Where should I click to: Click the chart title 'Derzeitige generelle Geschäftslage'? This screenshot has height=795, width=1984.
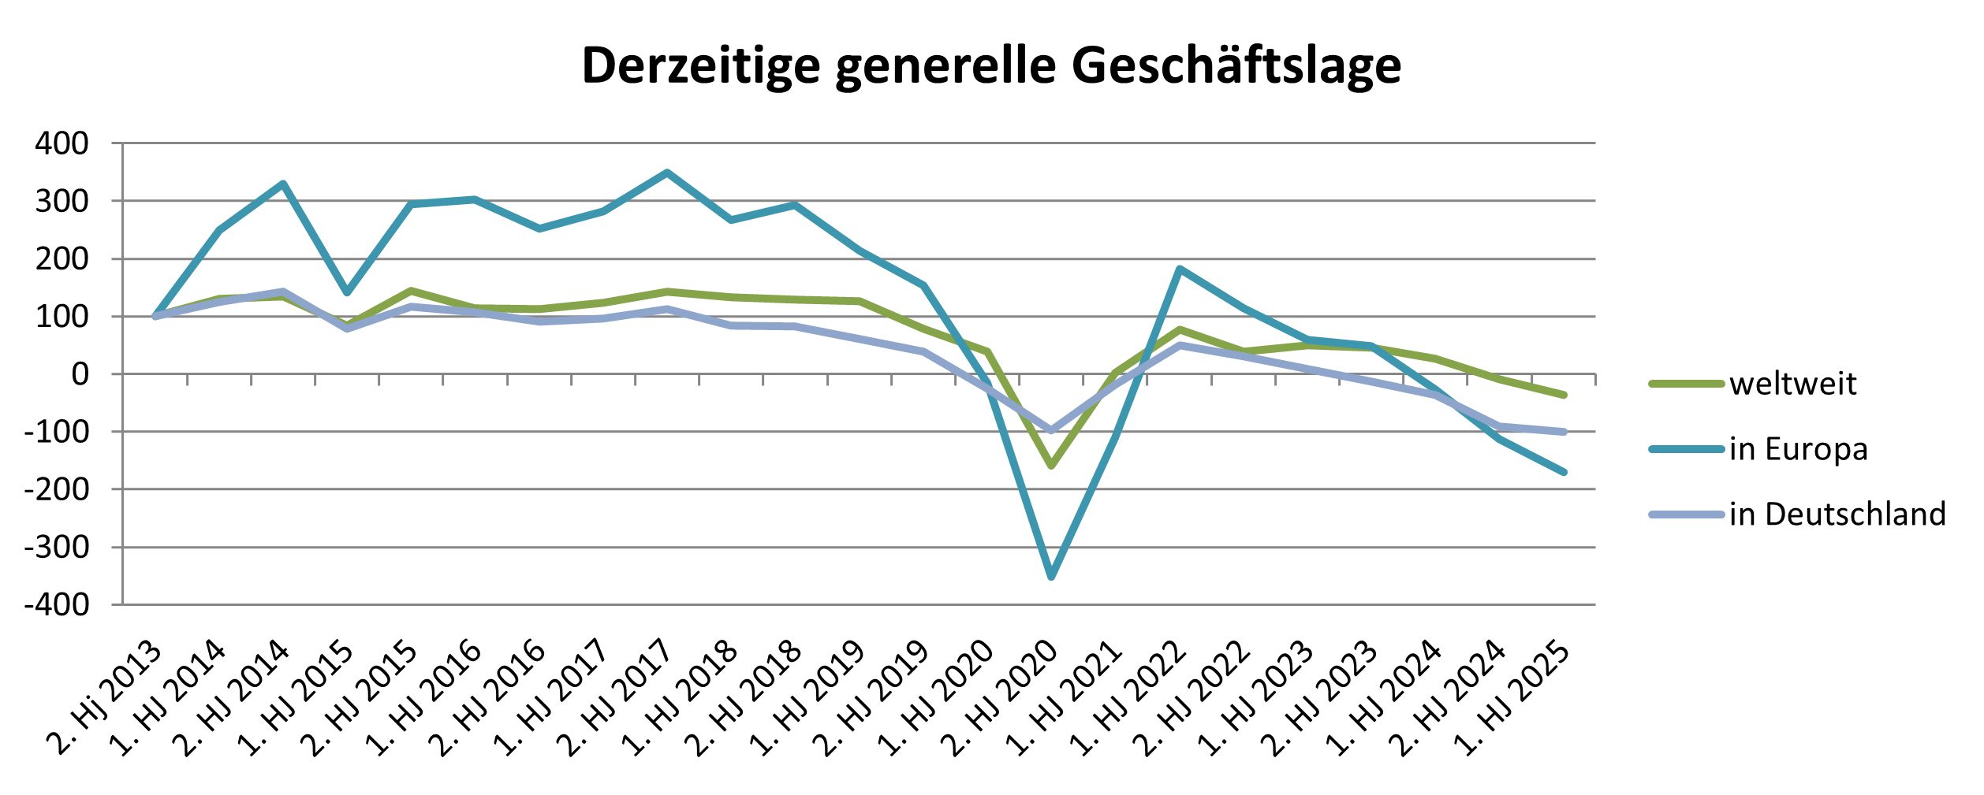point(991,66)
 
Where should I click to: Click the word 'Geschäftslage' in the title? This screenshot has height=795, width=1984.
point(1236,66)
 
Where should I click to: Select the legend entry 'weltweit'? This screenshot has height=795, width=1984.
point(1792,384)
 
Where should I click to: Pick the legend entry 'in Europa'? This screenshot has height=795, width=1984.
point(1798,450)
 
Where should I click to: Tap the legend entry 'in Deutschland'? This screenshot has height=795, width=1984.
point(1837,515)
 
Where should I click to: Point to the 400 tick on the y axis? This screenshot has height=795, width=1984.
point(62,144)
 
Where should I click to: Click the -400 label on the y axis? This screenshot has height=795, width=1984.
point(57,606)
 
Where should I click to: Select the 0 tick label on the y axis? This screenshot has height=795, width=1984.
point(80,375)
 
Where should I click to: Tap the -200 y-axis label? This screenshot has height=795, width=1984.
point(57,490)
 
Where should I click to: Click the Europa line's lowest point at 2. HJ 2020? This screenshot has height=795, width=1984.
point(1051,577)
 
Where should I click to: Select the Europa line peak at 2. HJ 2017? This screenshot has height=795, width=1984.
point(667,173)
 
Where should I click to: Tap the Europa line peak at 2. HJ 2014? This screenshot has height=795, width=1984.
point(283,184)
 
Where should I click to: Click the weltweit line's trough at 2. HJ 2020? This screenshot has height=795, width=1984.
point(1051,466)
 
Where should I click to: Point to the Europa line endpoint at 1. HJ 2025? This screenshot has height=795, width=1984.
point(1564,472)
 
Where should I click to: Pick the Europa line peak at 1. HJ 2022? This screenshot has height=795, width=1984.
point(1180,269)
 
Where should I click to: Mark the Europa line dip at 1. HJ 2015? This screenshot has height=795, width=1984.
point(347,293)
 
